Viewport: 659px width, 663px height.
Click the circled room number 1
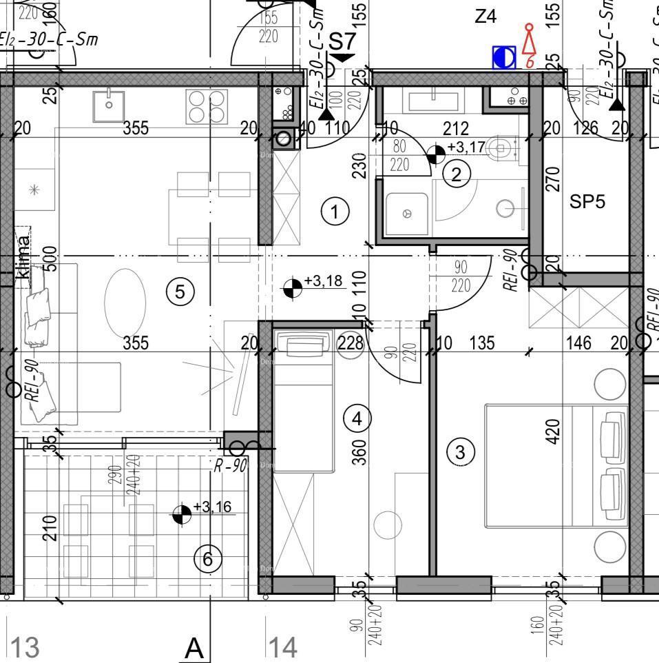coord(335,212)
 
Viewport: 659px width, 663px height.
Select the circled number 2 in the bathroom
coord(456,174)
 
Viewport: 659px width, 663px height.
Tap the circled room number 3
coord(461,452)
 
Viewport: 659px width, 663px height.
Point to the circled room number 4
coord(357,418)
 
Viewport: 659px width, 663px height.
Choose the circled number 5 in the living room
coord(180,292)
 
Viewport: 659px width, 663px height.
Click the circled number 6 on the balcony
coord(208,559)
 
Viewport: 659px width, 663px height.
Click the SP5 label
coord(587,202)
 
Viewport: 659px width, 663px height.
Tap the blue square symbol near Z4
coord(504,58)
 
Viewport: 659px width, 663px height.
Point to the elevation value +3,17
coord(466,147)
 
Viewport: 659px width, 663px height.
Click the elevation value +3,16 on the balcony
coord(212,507)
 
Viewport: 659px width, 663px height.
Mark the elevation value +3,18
coord(323,281)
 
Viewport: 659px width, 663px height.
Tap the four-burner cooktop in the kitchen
coord(206,107)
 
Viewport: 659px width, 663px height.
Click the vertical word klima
coord(23,258)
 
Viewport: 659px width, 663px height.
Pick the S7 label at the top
coord(342,41)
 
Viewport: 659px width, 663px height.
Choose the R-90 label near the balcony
coord(230,465)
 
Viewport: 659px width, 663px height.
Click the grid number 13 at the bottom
coord(24,648)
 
